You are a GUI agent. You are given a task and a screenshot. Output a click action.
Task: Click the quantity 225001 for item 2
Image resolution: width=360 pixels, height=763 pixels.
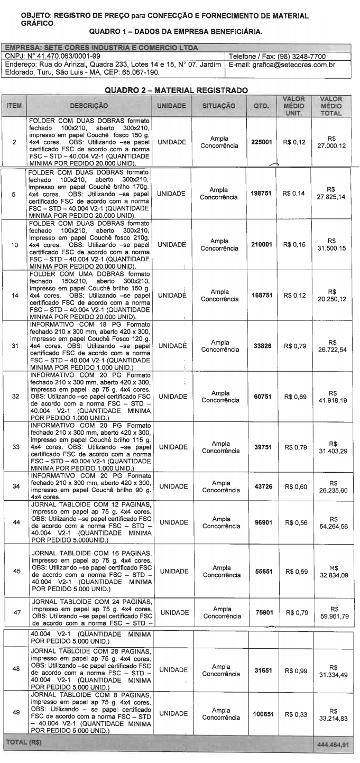pyautogui.click(x=262, y=142)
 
